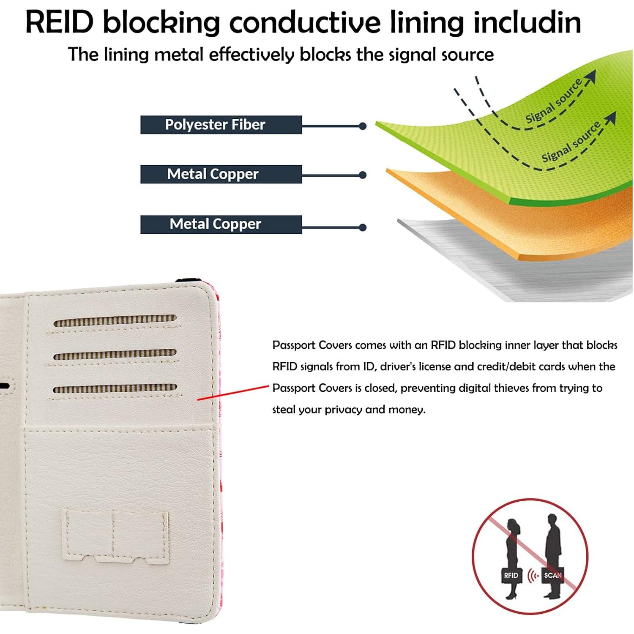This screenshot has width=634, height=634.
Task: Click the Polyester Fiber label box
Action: point(221,125)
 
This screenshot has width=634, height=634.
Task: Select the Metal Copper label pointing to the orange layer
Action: point(221,174)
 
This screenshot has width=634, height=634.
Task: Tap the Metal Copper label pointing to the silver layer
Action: point(221,224)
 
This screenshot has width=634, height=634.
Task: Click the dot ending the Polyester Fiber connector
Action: point(362,126)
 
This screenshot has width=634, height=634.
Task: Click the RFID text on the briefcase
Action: point(511,575)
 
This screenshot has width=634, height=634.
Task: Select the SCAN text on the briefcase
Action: point(552,575)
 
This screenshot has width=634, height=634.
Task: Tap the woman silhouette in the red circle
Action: point(512,545)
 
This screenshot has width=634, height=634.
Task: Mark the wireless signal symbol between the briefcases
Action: point(533,576)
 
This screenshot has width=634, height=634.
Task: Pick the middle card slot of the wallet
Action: point(115,354)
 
